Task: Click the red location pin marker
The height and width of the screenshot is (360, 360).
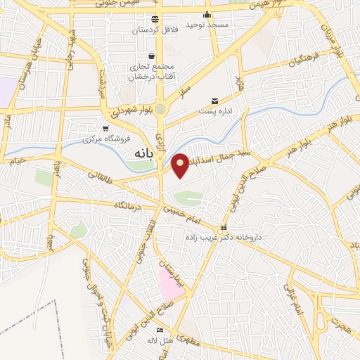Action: (x=181, y=165)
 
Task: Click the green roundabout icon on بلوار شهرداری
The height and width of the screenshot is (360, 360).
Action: (x=161, y=109)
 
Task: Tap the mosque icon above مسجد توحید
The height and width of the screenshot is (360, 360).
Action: (x=207, y=14)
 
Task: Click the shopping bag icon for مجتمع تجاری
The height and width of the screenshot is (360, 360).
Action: (x=151, y=56)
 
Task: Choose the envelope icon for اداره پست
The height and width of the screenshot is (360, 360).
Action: (x=215, y=100)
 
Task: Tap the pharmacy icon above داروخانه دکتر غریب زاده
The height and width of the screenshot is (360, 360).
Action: (x=224, y=227)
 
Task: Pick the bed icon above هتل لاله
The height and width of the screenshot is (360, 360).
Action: (x=160, y=330)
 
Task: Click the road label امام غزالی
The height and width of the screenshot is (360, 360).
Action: (x=295, y=297)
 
